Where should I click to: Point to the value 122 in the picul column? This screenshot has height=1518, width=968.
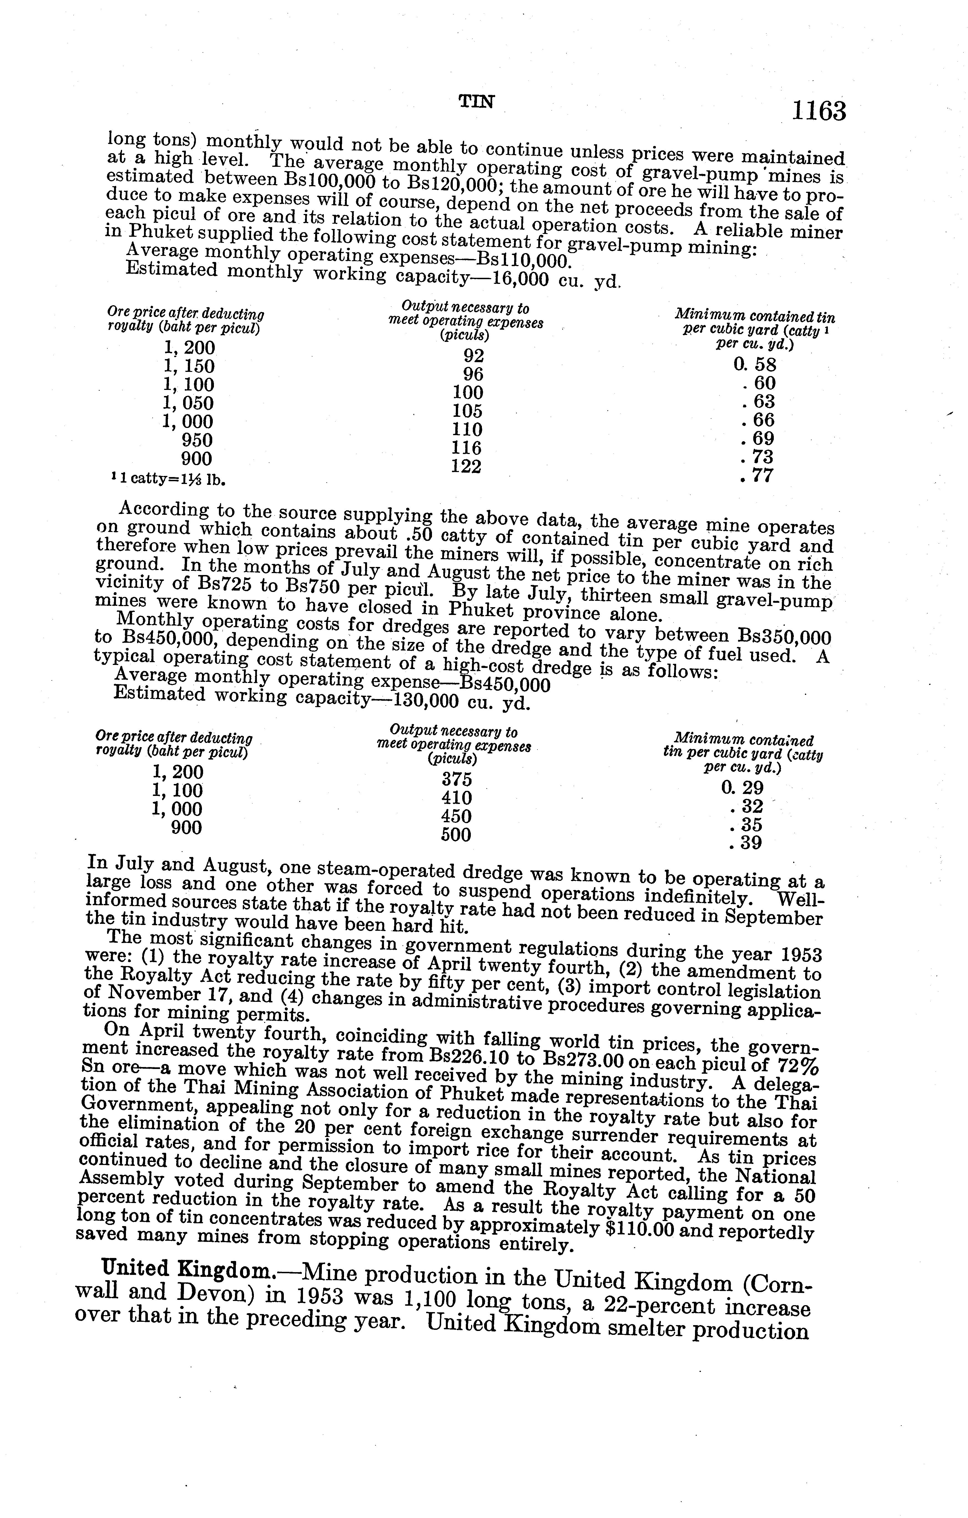[x=466, y=467]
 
